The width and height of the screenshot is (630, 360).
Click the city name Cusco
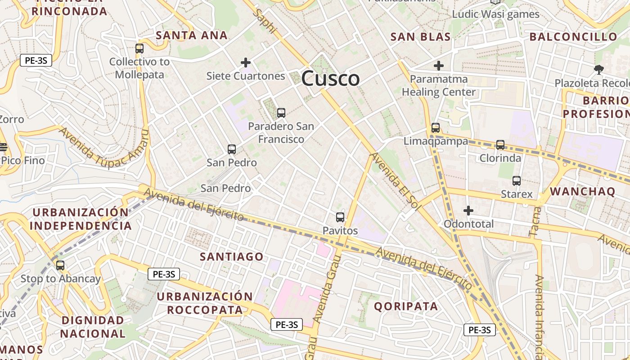point(330,79)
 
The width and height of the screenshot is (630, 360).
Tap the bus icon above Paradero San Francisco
point(281,113)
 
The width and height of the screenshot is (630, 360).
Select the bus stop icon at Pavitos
point(340,217)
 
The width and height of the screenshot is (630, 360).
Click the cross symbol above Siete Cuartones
point(246,62)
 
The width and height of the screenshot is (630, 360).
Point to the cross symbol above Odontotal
point(468,210)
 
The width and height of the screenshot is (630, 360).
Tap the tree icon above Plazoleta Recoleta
point(598,69)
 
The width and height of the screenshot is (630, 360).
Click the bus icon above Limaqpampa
point(435,127)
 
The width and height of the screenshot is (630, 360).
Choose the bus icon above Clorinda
point(500,144)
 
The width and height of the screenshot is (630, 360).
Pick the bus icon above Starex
point(517,181)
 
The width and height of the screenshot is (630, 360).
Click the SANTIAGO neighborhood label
point(232,256)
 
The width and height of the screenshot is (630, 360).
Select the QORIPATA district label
point(406,306)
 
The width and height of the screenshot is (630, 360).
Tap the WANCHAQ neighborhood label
point(582,191)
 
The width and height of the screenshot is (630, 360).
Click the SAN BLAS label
point(421,37)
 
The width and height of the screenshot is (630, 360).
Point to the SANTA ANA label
point(192,35)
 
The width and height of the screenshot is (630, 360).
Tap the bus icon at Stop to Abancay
point(60,265)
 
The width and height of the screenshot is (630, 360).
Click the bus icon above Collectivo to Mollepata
point(139,49)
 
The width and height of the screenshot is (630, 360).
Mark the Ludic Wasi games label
point(495,14)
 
